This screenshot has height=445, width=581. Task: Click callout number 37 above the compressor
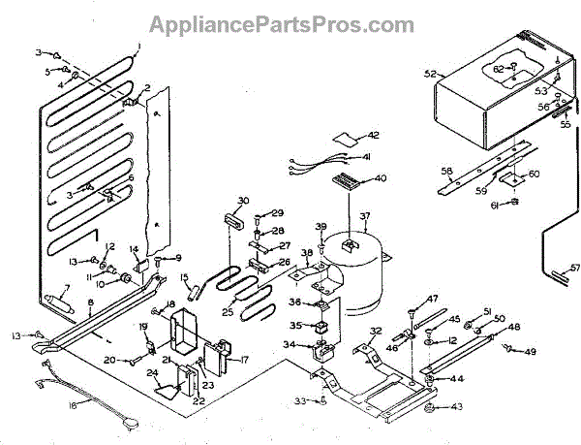point(365,215)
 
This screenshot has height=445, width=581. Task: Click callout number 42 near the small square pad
point(373,135)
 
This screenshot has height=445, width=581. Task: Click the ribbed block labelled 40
point(348,181)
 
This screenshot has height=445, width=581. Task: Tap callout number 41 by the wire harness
point(367,156)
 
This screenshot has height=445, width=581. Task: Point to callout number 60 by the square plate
point(535,174)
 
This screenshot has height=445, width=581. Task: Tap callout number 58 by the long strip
point(446,171)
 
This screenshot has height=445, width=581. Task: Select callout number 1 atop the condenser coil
point(138,46)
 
